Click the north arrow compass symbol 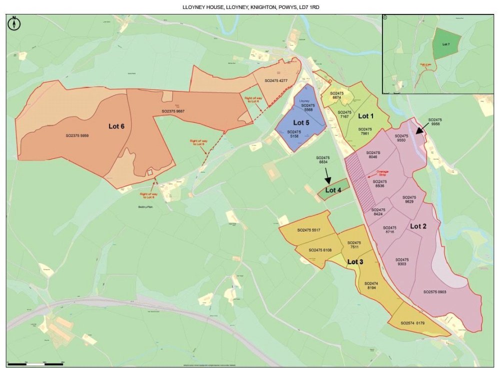pyautogui.click(x=15, y=23)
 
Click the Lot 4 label pyautogui.click(x=333, y=190)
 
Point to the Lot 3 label pyautogui.click(x=355, y=261)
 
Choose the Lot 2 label pyautogui.click(x=418, y=226)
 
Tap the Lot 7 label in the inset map pyautogui.click(x=446, y=44)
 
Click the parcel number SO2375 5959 pyautogui.click(x=80, y=135)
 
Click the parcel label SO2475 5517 pyautogui.click(x=308, y=230)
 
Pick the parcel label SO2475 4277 pyautogui.click(x=276, y=80)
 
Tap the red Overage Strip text pyautogui.click(x=382, y=173)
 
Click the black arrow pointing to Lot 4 pyautogui.click(x=327, y=176)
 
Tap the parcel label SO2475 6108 pyautogui.click(x=320, y=250)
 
